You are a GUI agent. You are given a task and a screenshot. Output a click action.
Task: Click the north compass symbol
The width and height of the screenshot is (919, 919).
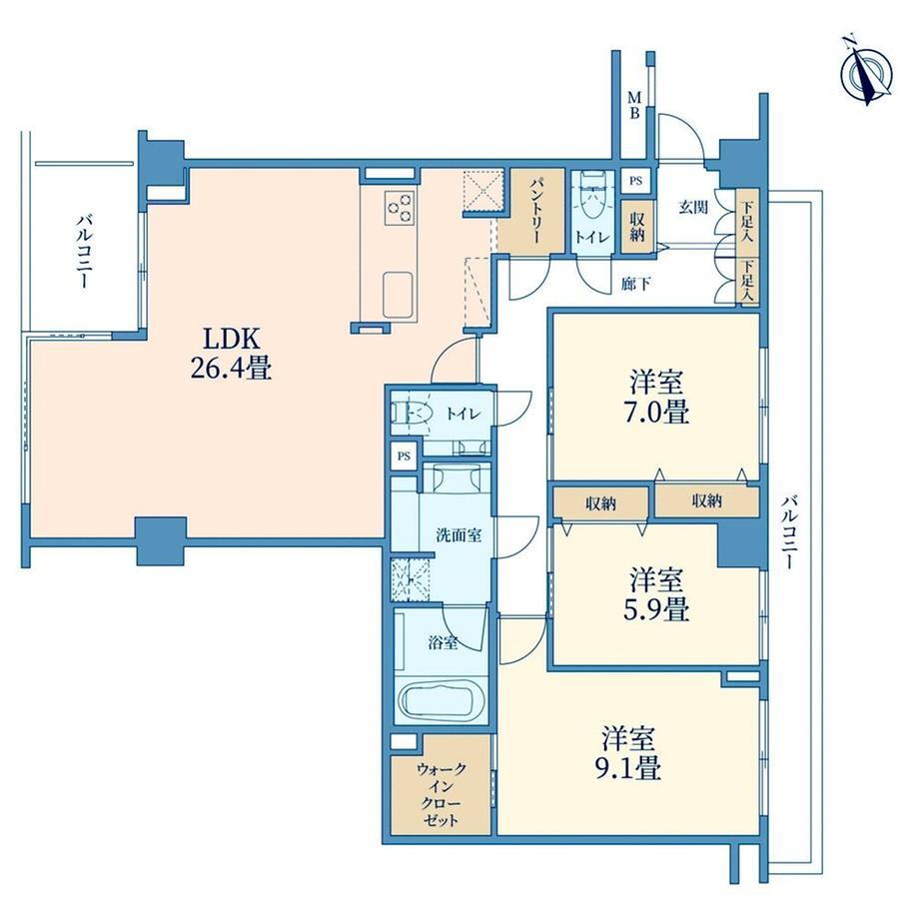[x=866, y=76]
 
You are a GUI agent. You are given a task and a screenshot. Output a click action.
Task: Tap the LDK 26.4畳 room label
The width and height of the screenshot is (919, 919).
[x=231, y=354]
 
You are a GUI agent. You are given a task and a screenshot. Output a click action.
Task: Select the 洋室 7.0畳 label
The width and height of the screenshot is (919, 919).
[x=658, y=397]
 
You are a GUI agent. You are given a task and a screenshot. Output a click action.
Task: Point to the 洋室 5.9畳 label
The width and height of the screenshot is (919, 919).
[x=658, y=594]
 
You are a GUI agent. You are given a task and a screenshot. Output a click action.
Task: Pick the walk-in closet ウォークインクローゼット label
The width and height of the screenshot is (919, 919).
[x=441, y=794]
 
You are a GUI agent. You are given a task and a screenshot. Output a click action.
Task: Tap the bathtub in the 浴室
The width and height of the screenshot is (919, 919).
[x=442, y=701]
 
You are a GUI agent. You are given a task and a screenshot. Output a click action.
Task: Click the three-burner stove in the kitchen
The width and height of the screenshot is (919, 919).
[x=400, y=208]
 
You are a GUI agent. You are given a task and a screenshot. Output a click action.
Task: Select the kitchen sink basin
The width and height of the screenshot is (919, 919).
[x=399, y=296]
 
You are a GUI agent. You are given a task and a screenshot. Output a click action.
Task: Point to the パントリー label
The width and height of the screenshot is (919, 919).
[x=535, y=212]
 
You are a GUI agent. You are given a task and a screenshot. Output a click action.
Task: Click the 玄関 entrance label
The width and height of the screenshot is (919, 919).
[x=693, y=207]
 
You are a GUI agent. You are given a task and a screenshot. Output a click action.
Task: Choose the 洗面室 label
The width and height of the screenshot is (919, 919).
[x=459, y=534]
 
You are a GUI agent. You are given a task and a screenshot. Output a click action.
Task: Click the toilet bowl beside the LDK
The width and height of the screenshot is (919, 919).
[x=413, y=414]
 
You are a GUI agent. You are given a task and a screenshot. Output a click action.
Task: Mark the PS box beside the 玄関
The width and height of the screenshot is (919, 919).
[x=636, y=181]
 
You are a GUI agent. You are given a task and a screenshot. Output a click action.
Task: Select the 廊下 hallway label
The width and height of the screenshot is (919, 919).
[x=635, y=285]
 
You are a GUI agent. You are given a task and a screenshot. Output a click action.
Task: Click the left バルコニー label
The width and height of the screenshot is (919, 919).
[x=83, y=252]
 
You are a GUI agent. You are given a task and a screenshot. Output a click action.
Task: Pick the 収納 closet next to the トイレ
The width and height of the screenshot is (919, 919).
[x=637, y=227]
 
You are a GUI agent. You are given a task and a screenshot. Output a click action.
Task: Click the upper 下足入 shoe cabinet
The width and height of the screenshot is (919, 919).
[x=747, y=223]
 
